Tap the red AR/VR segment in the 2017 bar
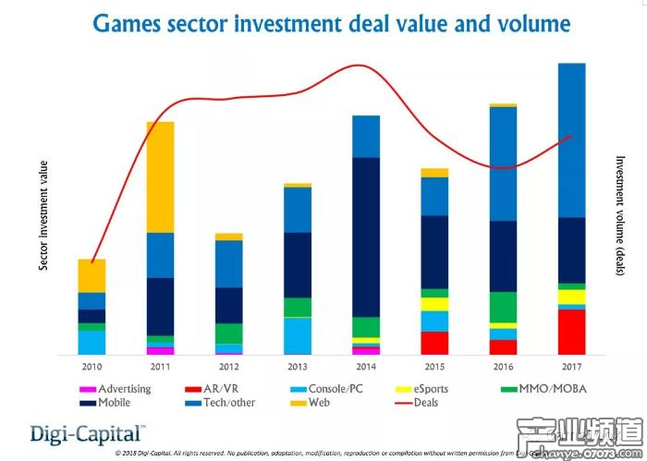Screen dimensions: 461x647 (x=572, y=332)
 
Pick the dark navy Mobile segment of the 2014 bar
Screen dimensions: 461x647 (x=366, y=237)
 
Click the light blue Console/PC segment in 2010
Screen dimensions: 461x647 (x=92, y=342)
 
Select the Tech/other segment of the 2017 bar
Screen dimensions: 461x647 (x=572, y=140)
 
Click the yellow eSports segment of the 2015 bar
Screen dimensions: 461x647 (x=434, y=304)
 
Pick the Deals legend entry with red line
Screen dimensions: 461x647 (x=415, y=403)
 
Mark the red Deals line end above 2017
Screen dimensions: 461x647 (x=573, y=135)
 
